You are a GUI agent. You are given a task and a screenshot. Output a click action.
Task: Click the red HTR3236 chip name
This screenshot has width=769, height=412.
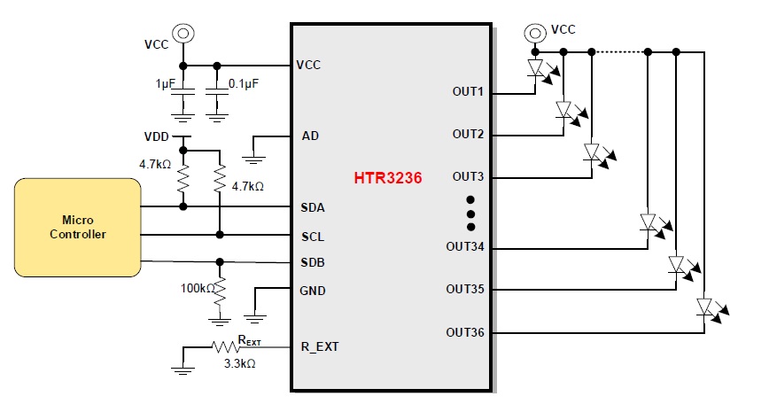[x=388, y=177]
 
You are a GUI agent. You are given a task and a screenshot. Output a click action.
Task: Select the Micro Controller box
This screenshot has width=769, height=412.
[x=77, y=227]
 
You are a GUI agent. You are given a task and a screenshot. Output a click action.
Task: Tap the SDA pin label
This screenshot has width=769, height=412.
[x=313, y=207]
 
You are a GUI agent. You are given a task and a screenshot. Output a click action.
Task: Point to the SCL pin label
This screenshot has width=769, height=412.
[x=313, y=237]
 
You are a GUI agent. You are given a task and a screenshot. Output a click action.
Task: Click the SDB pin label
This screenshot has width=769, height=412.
[x=313, y=263]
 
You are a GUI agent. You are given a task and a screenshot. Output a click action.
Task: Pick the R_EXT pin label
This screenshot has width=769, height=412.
[x=320, y=346]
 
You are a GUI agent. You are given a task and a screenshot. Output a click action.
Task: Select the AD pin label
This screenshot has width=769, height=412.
[x=310, y=136]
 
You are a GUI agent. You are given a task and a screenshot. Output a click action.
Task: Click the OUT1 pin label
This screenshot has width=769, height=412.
[x=468, y=92]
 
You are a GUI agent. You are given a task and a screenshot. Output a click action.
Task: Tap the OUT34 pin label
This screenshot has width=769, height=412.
[x=465, y=246]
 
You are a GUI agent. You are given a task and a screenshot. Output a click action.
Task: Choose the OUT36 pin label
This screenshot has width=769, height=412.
[x=465, y=332]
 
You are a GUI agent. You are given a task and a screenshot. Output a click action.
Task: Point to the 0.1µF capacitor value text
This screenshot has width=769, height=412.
[x=244, y=83]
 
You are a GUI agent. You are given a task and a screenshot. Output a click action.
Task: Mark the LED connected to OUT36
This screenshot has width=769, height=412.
[x=705, y=307]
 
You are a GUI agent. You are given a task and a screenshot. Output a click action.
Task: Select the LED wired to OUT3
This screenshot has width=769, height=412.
[x=593, y=152]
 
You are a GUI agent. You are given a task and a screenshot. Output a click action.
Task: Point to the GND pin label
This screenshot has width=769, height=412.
[x=314, y=291]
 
